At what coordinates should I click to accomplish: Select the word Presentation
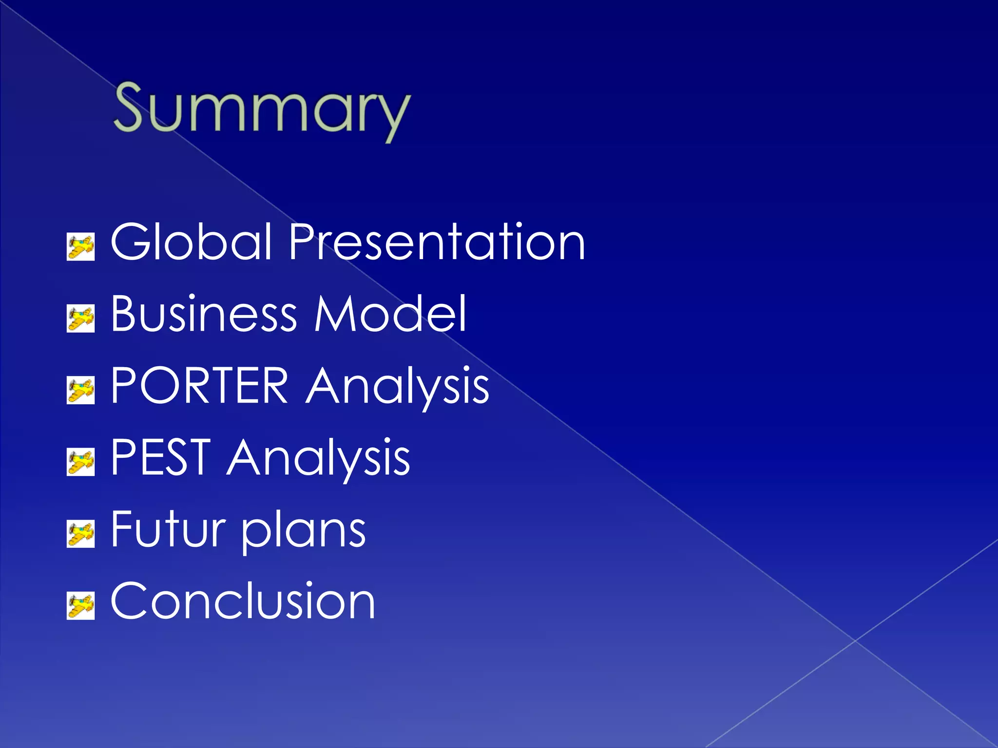(437, 242)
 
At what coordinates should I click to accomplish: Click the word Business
(203, 314)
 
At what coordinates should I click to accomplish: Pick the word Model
(390, 314)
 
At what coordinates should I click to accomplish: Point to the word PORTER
(200, 386)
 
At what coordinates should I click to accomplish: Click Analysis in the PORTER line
(397, 387)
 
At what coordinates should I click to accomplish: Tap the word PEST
(161, 457)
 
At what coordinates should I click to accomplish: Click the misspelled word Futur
(168, 529)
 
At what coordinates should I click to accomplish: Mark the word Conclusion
(243, 601)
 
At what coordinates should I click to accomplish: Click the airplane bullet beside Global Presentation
(80, 247)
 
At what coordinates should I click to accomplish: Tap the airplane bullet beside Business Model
(80, 319)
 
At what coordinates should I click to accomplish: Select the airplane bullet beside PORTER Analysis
(80, 391)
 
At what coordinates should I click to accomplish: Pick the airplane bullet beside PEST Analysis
(80, 462)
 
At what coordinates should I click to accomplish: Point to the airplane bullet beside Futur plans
(80, 534)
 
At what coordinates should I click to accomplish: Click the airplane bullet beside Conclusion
(80, 606)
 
